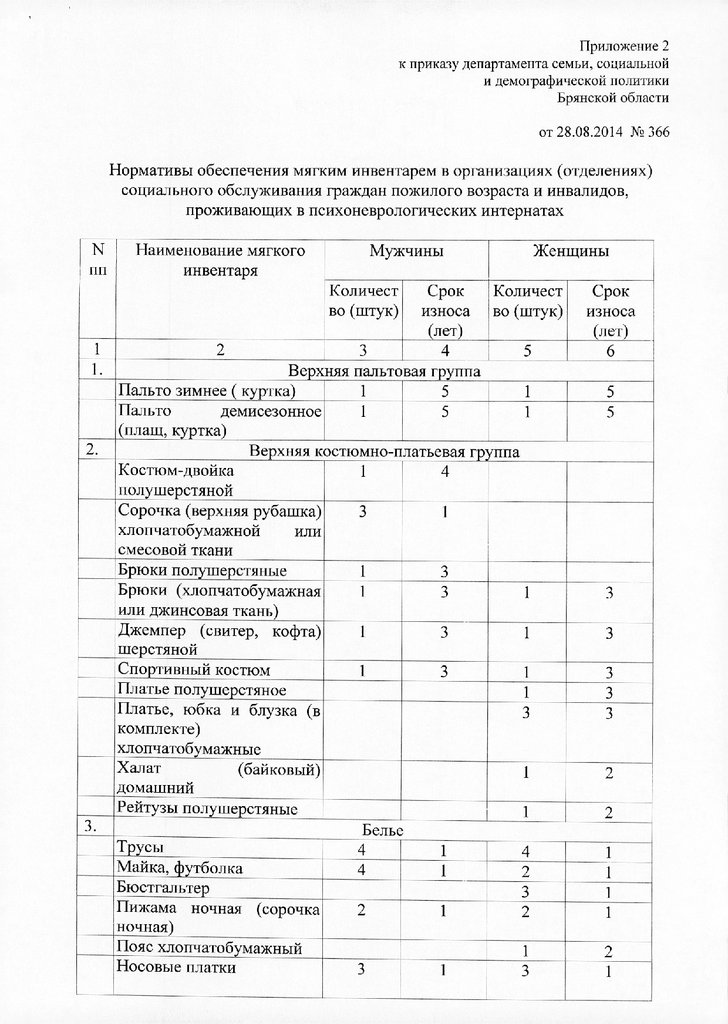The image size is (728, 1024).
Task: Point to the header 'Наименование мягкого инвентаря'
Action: pyautogui.click(x=219, y=259)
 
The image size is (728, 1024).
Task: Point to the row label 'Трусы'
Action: pyautogui.click(x=138, y=848)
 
